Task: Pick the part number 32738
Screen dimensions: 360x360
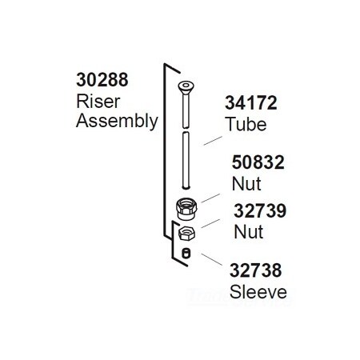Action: click(x=258, y=271)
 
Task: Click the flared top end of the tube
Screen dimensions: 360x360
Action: click(x=186, y=86)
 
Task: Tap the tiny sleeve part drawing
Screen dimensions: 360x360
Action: click(x=186, y=254)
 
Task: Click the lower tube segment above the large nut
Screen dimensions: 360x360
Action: click(x=186, y=164)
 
